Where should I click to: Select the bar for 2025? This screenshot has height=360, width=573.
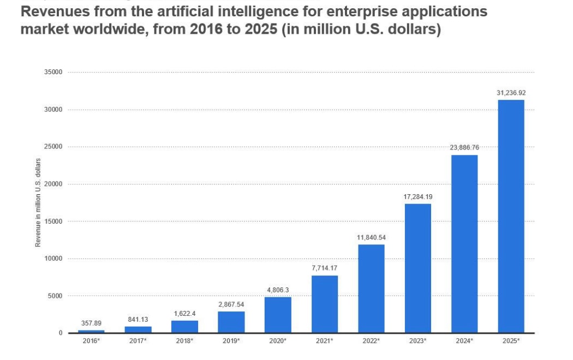511,216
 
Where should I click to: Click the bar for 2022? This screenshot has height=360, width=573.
371,289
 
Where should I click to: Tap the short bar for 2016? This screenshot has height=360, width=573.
91,331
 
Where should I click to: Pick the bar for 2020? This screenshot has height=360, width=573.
278,315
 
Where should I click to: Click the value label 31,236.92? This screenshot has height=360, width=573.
511,93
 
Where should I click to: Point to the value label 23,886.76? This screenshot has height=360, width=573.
464,147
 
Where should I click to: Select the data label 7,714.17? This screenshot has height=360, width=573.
325,268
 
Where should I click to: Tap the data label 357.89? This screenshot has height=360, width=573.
91,323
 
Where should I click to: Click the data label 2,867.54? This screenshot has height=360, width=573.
231,304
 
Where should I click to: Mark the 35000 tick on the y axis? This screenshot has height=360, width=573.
53,72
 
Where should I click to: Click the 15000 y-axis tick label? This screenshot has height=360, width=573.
53,221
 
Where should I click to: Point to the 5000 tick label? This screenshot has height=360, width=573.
55,296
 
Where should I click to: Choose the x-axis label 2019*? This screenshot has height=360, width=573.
231,340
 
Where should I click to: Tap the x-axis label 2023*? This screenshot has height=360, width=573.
418,340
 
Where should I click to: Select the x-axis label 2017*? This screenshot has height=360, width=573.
138,340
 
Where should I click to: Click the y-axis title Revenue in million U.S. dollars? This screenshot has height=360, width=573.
38,202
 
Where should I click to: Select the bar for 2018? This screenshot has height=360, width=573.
184,326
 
